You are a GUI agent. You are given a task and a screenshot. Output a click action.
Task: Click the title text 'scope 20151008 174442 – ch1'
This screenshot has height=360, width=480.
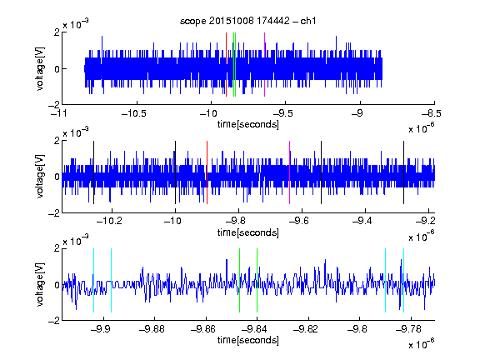pos(248,21)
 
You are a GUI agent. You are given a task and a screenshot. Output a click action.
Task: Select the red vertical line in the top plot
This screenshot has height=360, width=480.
pos(226,65)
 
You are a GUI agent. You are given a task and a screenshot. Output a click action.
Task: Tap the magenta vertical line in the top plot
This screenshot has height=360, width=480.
pos(264,65)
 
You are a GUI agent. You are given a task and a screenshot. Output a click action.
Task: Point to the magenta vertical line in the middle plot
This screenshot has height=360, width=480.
pos(290,172)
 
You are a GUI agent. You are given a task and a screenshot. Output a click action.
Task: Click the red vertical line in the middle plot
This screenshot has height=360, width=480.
pos(207,172)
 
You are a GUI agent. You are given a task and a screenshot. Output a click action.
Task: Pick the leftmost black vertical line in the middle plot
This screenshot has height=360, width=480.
pos(93,172)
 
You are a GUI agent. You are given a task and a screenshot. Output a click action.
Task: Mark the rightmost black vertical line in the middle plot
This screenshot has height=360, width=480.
pos(404,172)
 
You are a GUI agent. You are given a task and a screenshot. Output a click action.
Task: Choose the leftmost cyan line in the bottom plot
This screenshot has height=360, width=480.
pos(93,280)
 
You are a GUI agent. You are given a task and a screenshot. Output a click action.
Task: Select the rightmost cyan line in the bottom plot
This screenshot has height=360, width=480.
pos(404,280)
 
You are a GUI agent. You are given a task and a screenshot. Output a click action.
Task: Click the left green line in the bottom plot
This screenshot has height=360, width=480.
pos(239,280)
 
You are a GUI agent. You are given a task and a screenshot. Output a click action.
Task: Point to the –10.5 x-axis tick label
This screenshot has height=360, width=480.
pos(134,113)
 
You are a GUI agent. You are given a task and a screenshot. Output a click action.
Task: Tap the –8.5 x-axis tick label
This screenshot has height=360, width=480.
pos(432,113)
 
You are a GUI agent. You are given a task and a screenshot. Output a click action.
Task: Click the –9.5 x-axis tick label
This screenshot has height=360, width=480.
pos(282,113)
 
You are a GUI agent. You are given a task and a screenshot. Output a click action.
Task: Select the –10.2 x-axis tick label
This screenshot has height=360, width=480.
pos(109,221)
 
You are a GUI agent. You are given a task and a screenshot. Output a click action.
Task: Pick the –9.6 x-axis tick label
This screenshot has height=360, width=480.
pos(299,221)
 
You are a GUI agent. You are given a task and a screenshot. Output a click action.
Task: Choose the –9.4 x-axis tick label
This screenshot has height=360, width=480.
pos(362,221)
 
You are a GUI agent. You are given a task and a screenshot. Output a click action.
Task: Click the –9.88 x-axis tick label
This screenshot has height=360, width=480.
pos(152,329)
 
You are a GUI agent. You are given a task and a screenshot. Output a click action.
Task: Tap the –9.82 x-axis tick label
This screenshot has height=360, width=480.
pos(306,329)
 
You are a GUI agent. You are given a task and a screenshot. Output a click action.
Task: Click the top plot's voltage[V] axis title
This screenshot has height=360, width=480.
pos(40,68)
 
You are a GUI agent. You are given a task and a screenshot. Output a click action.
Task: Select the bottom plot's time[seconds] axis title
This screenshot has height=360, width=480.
pos(248,340)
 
